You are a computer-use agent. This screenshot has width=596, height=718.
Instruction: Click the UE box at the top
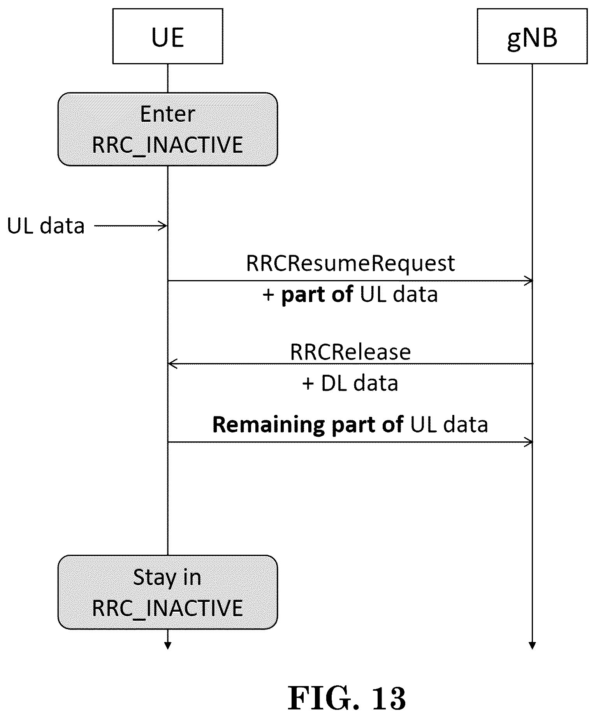[x=168, y=36]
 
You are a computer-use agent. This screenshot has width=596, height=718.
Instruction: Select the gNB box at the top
[x=532, y=36]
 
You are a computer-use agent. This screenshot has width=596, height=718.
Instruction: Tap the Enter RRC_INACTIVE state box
[x=168, y=129]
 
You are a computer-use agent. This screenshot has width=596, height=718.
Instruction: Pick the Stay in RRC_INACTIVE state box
[x=168, y=592]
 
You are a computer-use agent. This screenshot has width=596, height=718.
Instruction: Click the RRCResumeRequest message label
[x=350, y=263]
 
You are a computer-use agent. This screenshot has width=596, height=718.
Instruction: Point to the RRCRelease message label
[x=350, y=352]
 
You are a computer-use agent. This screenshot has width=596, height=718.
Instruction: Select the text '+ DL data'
[x=350, y=383]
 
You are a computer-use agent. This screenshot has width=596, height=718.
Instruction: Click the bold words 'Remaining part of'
[x=308, y=424]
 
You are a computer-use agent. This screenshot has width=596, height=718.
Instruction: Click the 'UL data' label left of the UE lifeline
[x=46, y=226]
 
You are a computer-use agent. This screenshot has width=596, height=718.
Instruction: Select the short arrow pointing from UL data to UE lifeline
[x=131, y=226]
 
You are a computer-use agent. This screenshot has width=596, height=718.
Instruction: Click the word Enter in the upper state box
[x=168, y=114]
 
